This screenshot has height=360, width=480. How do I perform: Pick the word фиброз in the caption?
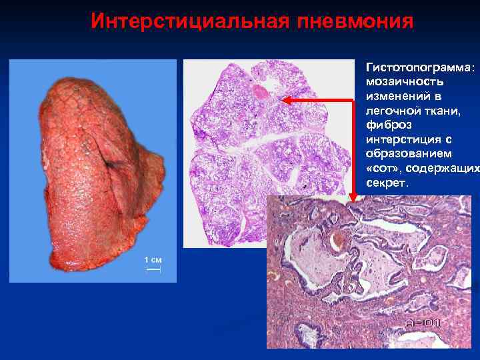pos(384,125)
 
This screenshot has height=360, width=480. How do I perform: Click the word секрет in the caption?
pos(386,183)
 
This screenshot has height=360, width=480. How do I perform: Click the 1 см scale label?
pos(153,259)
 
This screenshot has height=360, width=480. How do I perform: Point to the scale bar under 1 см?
pos(153,269)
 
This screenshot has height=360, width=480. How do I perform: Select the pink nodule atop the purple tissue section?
pos(260,91)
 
